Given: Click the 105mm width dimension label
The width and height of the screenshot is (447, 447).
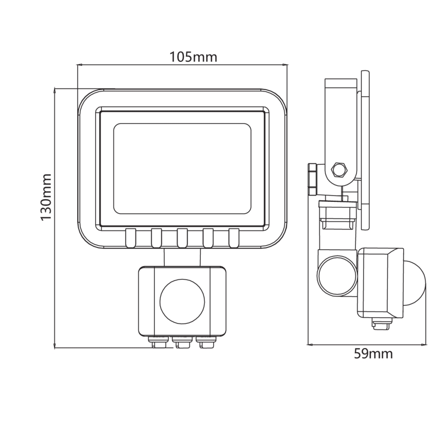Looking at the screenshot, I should (x=193, y=57).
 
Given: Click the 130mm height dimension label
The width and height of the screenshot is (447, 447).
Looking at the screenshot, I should (x=47, y=197).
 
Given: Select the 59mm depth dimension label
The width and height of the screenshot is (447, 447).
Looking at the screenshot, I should (x=373, y=354).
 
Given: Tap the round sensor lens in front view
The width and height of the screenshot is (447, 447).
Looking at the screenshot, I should (x=181, y=301).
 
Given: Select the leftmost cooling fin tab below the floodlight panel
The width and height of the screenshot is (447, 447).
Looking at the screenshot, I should (x=130, y=237).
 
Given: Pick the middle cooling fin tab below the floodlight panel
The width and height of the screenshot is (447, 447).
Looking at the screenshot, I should (x=182, y=237).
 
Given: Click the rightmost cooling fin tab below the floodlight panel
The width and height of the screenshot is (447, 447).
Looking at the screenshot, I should (x=234, y=237).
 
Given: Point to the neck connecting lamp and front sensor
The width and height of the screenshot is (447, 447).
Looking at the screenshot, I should (x=181, y=256).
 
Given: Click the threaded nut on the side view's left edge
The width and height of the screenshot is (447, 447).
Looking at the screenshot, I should (x=313, y=179).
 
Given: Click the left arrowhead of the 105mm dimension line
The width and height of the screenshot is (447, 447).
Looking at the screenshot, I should (x=79, y=65).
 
